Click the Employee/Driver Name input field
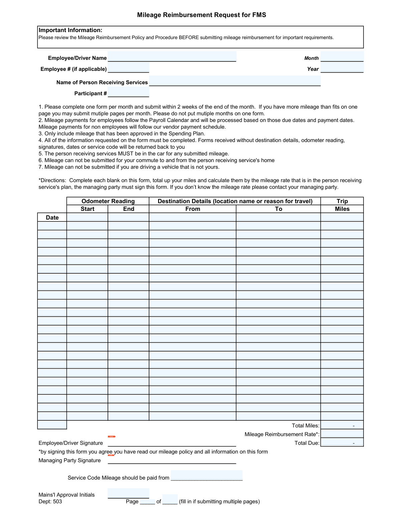point(172,57)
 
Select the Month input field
point(342,57)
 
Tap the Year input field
point(342,68)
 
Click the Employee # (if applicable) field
point(128,68)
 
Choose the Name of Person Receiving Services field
point(235,81)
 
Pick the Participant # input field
point(128,92)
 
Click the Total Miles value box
point(342,425)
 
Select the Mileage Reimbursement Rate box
point(342,434)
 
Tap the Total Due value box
point(342,442)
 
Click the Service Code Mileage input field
point(207,475)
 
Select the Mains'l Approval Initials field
point(128,493)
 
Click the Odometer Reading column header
point(108,201)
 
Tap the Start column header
point(88,209)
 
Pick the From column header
point(193,209)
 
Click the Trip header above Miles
point(342,201)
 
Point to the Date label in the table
point(52,218)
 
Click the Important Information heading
point(71,30)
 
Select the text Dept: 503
point(50,502)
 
